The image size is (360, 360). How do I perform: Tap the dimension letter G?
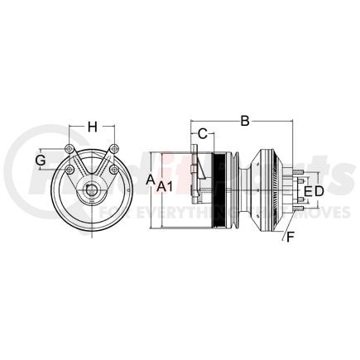[x=40, y=160]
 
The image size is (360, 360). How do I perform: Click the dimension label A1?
[x=166, y=187]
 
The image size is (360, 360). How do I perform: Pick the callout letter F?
[x=289, y=239]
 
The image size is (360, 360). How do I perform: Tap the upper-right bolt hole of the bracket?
[x=112, y=149]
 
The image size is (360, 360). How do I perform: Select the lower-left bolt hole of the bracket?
[x=71, y=170]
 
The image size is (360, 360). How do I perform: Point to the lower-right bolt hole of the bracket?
[x=108, y=170]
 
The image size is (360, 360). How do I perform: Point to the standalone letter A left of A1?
[x=150, y=178]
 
